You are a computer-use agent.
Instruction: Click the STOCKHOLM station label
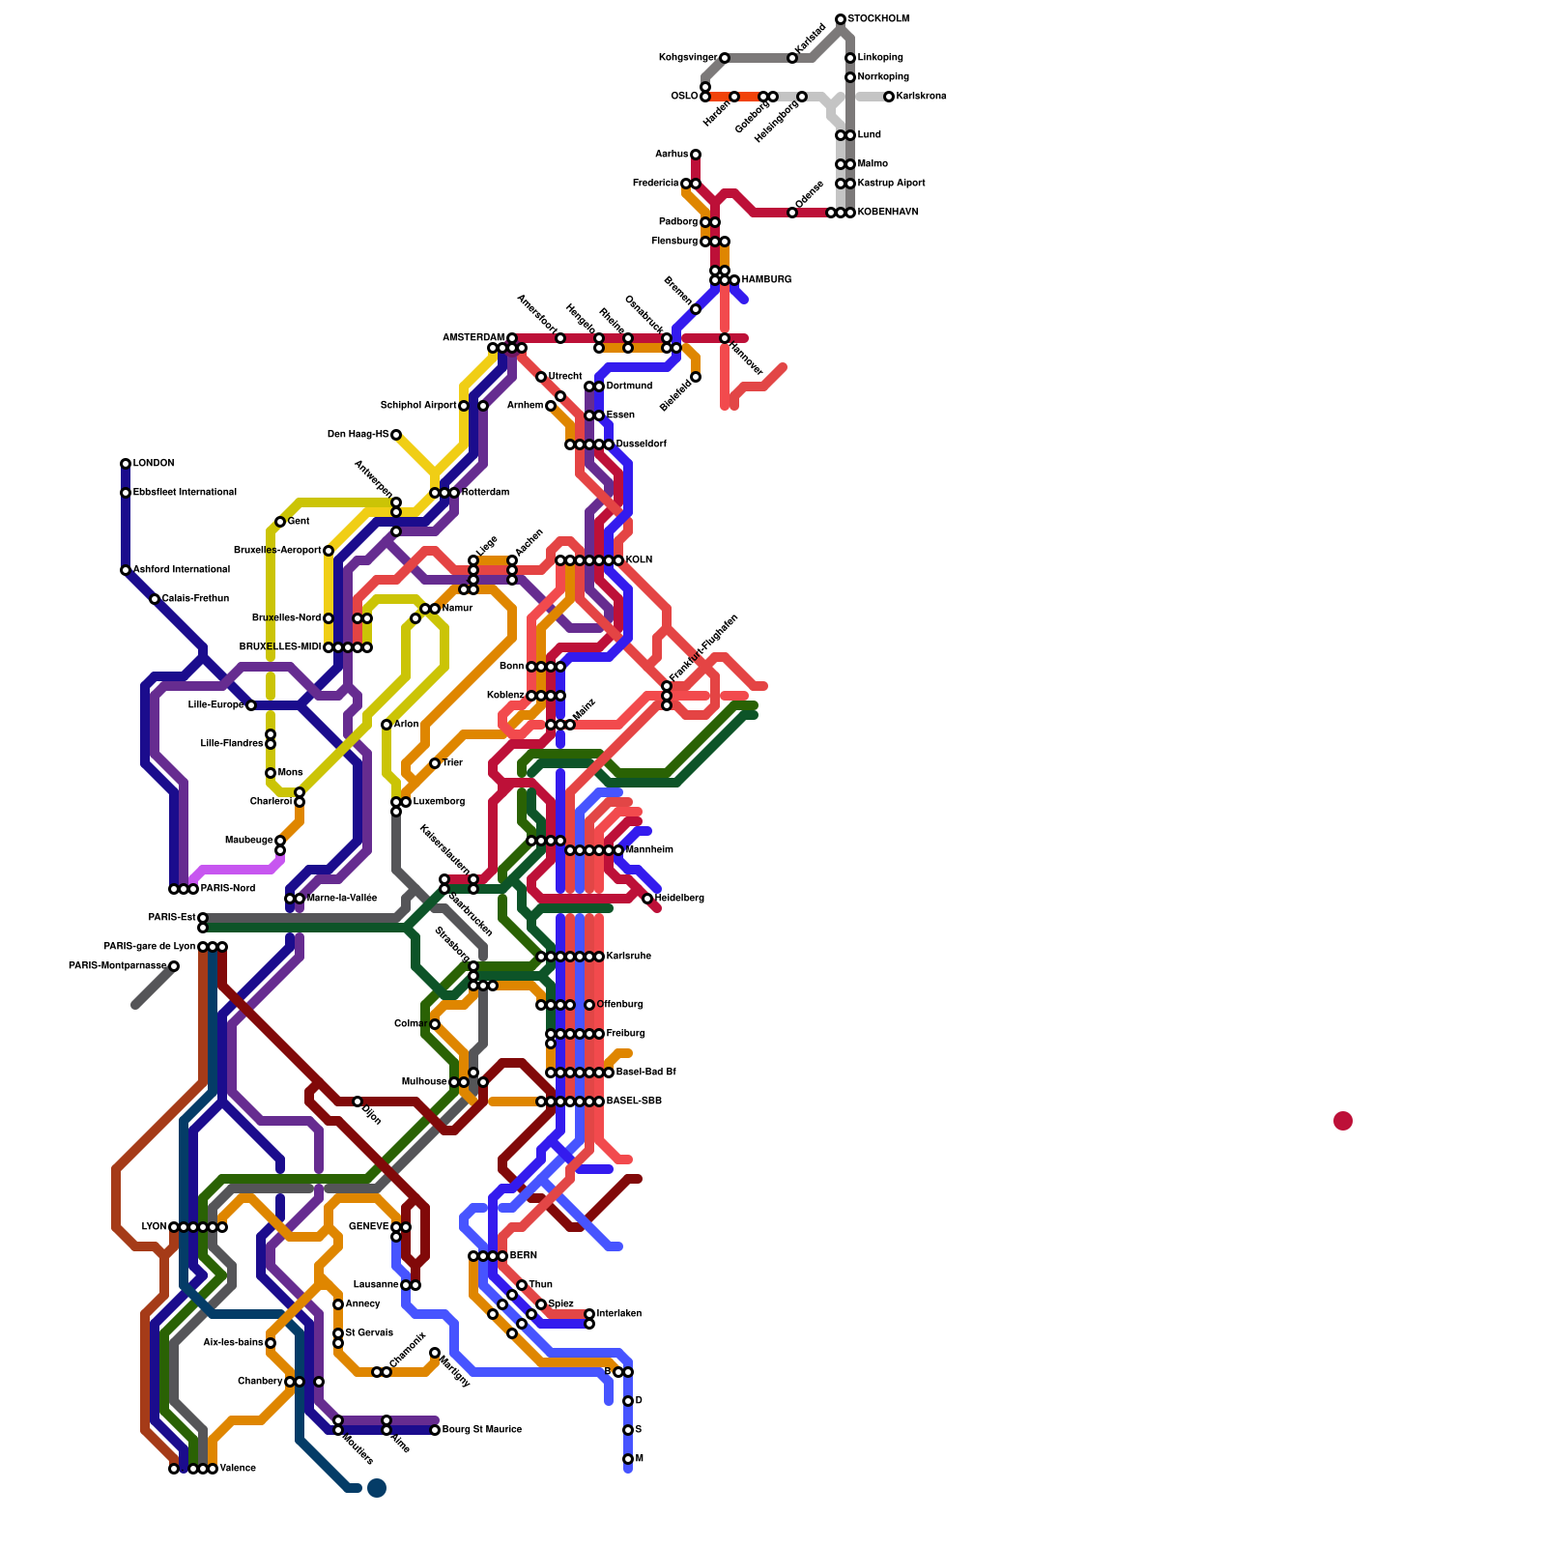[878, 19]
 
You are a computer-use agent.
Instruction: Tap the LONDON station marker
[126, 464]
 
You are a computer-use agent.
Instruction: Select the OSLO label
[684, 97]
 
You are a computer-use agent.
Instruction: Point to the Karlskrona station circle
[889, 97]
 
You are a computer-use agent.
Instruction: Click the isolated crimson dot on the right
[1342, 1121]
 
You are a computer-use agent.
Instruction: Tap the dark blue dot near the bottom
[377, 1488]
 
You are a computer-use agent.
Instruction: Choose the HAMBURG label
[766, 280]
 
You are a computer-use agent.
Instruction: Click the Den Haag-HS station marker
[396, 435]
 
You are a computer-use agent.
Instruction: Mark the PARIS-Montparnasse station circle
[174, 966]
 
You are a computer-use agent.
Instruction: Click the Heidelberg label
[679, 899]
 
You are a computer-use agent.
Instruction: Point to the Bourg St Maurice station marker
[435, 1430]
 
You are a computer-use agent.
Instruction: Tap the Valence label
[238, 1469]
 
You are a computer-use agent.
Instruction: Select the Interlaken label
[618, 1314]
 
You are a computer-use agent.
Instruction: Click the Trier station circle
[435, 763]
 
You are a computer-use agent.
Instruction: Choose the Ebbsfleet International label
[185, 493]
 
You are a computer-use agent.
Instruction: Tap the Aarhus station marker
[696, 155]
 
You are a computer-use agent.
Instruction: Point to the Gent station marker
[280, 522]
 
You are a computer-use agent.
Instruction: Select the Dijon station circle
[358, 1102]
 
